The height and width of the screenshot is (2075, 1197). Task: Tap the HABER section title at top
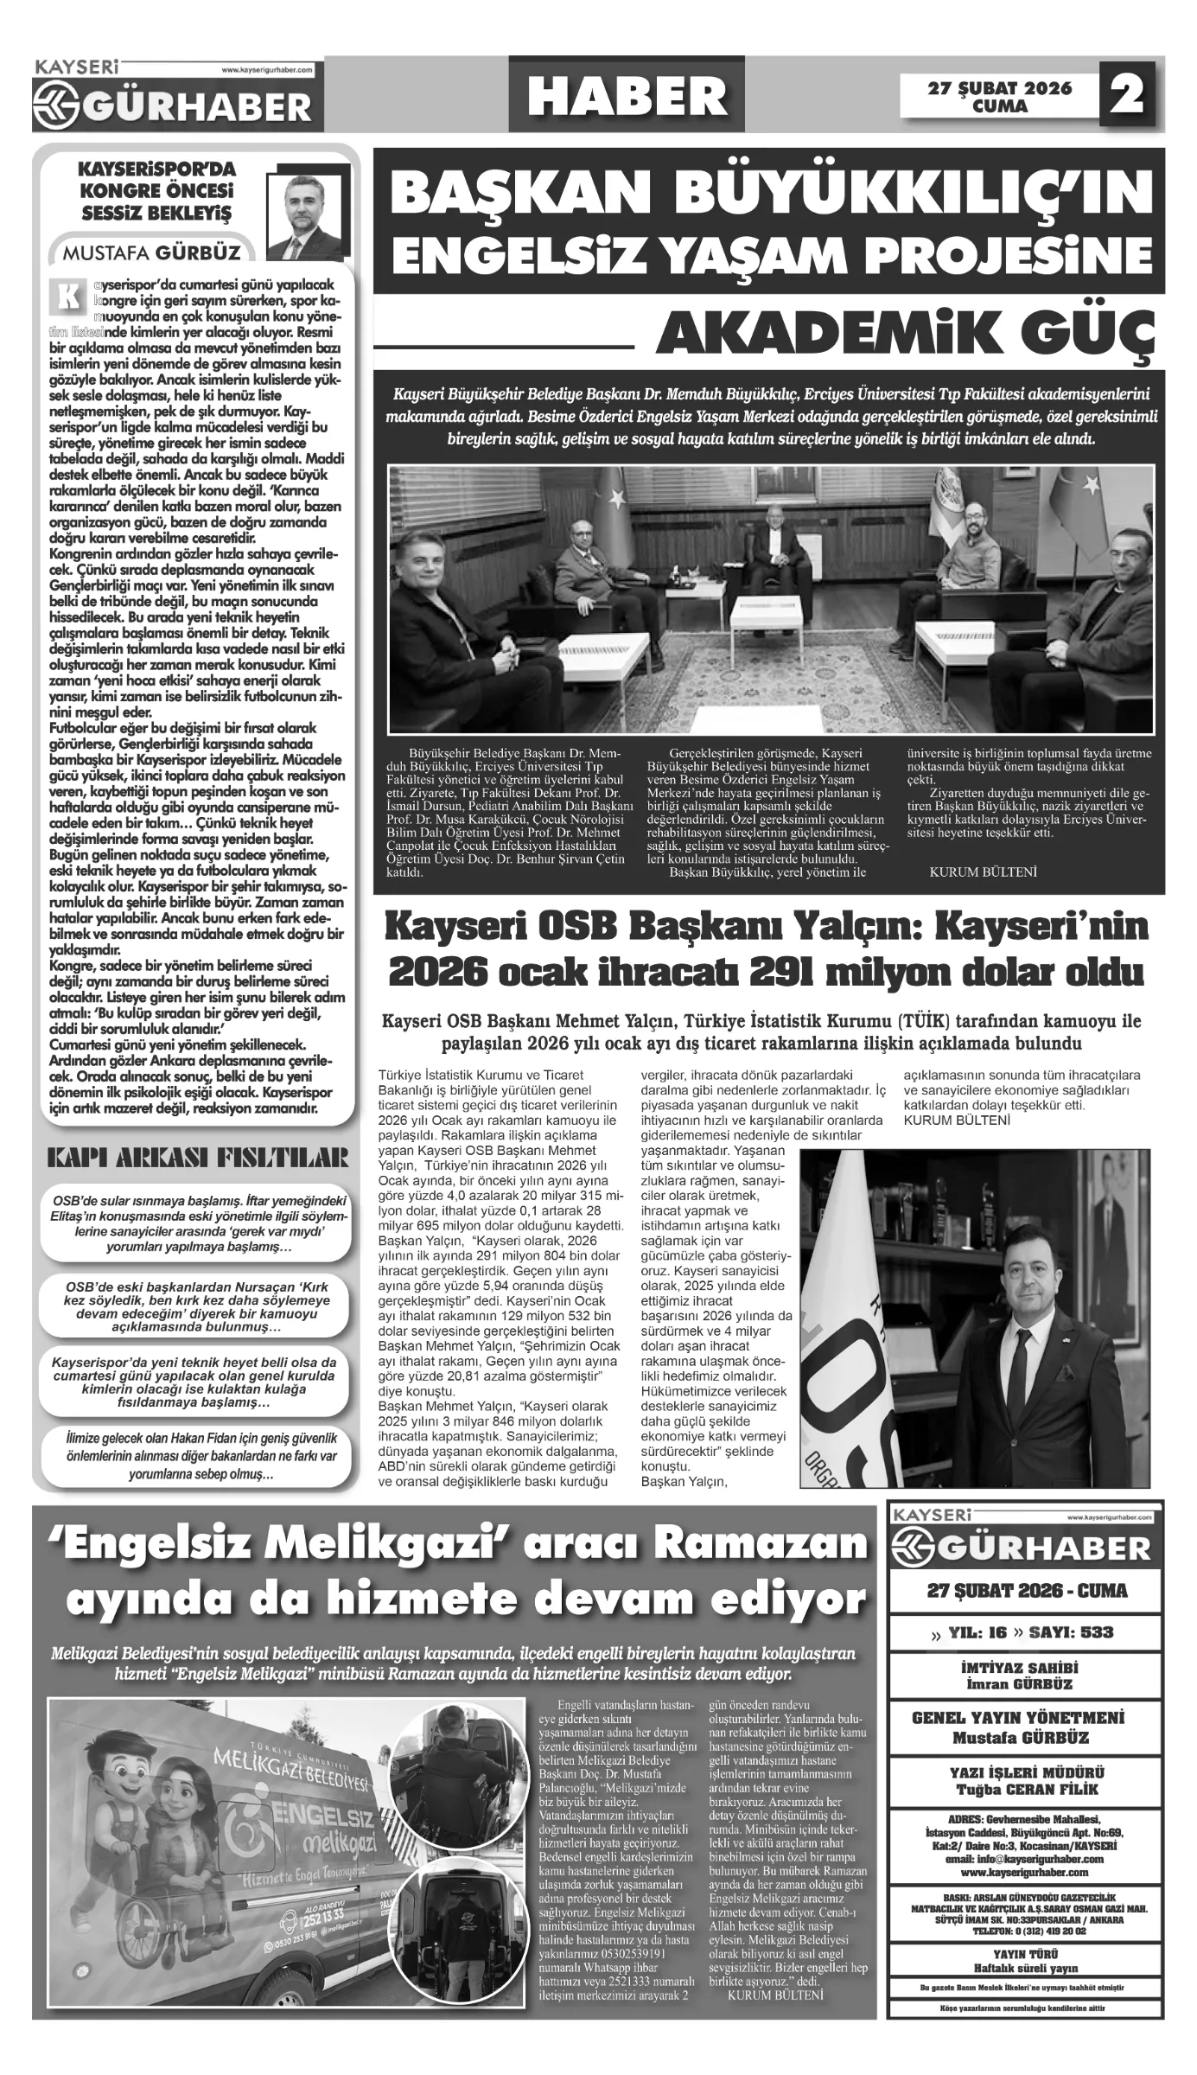pos(627,95)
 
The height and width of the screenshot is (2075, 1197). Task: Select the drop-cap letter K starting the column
pos(67,296)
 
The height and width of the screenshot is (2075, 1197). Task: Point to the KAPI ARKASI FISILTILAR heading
pos(198,1158)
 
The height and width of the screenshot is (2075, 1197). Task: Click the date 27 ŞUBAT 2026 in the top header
pos(1000,88)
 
